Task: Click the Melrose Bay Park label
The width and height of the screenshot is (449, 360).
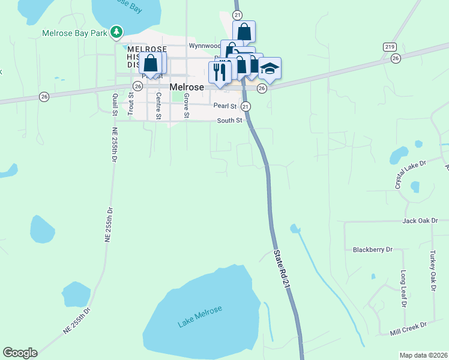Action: point(75,32)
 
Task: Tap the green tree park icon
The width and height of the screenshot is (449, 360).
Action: point(118,32)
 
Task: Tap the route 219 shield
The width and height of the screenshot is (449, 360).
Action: point(388,46)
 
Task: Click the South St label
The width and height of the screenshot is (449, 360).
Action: point(229,121)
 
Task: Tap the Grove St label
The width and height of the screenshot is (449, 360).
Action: point(187,106)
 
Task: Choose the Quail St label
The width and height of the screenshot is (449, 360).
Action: point(115,104)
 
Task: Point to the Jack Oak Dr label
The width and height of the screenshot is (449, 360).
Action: point(421,221)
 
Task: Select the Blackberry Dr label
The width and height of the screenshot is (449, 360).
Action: point(372,250)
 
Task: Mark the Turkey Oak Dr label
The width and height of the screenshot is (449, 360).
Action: point(432,271)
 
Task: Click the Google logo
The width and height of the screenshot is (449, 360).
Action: point(20,353)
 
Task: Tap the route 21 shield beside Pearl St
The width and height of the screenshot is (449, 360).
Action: point(246,106)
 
